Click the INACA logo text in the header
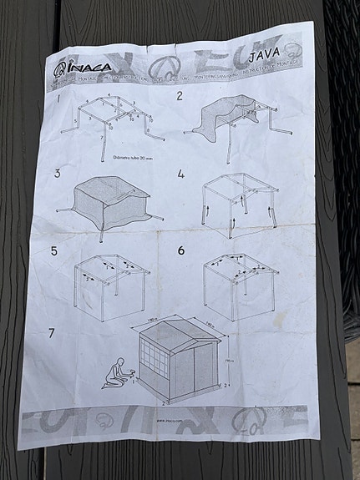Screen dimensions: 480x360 coord(87,68)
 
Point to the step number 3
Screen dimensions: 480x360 coord(57,174)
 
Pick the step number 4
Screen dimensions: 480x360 coord(180,175)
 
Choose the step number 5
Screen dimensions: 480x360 coord(54,250)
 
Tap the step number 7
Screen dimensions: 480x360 coord(52,332)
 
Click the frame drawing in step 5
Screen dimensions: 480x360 coord(110,280)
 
